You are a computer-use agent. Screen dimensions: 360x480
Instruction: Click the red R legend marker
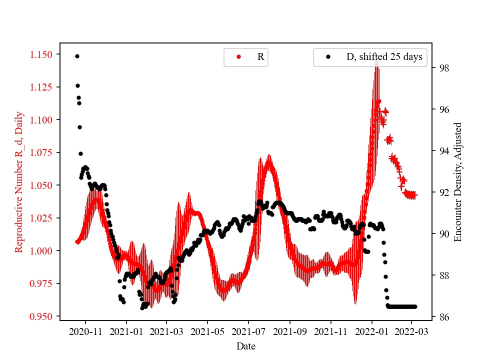tap(238, 57)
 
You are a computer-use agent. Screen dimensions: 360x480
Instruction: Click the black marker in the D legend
tap(328, 57)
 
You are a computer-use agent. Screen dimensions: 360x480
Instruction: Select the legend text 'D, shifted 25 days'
tap(384, 57)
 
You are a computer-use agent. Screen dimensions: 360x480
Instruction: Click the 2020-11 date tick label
tap(85, 331)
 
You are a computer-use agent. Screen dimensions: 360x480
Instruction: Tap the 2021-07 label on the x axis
tap(248, 331)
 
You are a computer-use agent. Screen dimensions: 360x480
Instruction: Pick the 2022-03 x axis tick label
tap(412, 331)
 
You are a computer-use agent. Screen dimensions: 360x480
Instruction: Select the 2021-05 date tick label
tap(207, 331)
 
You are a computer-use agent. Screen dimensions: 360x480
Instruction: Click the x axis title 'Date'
tap(246, 345)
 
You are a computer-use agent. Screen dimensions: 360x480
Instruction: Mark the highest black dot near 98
tap(77, 56)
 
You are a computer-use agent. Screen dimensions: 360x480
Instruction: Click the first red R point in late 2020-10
tap(77, 241)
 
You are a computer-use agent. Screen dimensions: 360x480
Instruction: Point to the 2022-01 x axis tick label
tap(371, 331)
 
